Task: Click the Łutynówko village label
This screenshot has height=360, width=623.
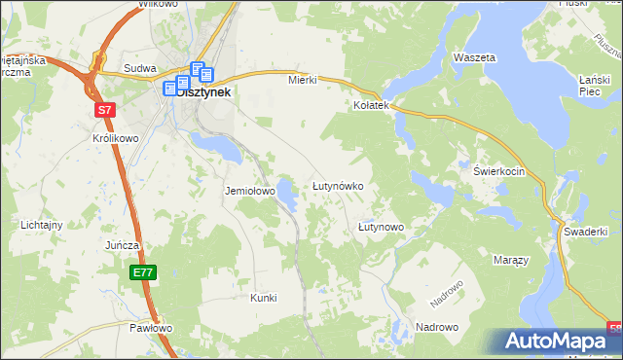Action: pyautogui.click(x=337, y=185)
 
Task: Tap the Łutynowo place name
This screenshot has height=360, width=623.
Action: pyautogui.click(x=381, y=227)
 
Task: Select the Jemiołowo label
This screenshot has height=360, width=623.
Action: pyautogui.click(x=250, y=191)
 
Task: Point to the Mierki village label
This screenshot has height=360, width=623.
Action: pyautogui.click(x=302, y=80)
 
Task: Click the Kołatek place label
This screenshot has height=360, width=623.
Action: pyautogui.click(x=371, y=104)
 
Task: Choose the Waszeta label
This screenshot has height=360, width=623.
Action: pyautogui.click(x=474, y=57)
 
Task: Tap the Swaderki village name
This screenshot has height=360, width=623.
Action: pyautogui.click(x=585, y=232)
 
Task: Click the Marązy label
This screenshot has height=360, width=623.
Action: pyautogui.click(x=510, y=261)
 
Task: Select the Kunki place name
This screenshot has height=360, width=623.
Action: pyautogui.click(x=264, y=297)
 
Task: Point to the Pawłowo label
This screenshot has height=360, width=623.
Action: pyautogui.click(x=151, y=328)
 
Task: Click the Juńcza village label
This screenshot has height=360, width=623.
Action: pyautogui.click(x=125, y=245)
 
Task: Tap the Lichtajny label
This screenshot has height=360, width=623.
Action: pyautogui.click(x=42, y=225)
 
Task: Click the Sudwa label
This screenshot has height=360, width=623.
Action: pyautogui.click(x=140, y=69)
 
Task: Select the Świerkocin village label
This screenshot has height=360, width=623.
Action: pyautogui.click(x=499, y=171)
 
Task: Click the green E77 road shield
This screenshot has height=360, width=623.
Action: pyautogui.click(x=143, y=273)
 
